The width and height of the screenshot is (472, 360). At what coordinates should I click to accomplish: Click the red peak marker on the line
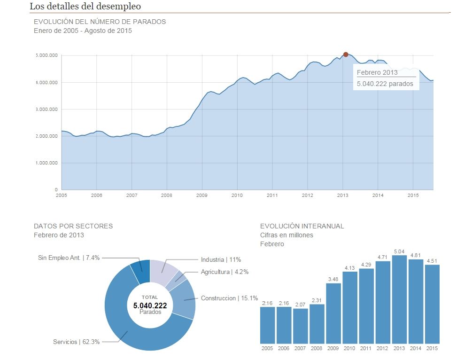[346, 55]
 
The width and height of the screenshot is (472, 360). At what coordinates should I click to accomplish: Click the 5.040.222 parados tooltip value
[385, 84]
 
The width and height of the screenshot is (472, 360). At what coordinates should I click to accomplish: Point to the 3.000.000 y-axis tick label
[46, 110]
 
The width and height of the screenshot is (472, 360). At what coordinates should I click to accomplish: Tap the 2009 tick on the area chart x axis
[201, 195]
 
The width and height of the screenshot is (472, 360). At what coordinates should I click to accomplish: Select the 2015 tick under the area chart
[413, 195]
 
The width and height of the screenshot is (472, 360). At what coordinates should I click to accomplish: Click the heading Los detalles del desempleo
[85, 7]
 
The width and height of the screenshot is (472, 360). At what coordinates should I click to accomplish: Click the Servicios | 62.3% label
[76, 342]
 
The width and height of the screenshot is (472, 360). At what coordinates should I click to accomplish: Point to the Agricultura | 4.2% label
[224, 272]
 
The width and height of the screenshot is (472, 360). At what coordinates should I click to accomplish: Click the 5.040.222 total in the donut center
[150, 305]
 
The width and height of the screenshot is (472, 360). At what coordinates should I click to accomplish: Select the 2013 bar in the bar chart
[399, 299]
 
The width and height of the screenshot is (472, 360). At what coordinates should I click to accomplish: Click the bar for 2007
[300, 326]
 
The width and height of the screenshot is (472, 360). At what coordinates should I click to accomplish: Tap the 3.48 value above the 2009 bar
[333, 280]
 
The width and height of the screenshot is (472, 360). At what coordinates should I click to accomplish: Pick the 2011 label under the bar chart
[366, 349]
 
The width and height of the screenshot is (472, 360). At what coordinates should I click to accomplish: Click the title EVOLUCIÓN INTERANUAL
[302, 226]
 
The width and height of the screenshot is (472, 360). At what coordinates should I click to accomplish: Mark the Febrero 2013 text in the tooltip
[377, 72]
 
